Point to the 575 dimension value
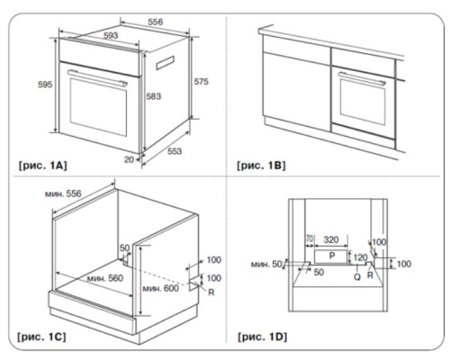pyautogui.click(x=201, y=82)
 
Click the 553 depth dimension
pyautogui.click(x=175, y=151)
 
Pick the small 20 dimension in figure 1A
pyautogui.click(x=129, y=158)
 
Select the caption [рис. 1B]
pyautogui.click(x=262, y=166)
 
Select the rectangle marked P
pyautogui.click(x=331, y=256)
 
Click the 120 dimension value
pyautogui.click(x=360, y=256)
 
